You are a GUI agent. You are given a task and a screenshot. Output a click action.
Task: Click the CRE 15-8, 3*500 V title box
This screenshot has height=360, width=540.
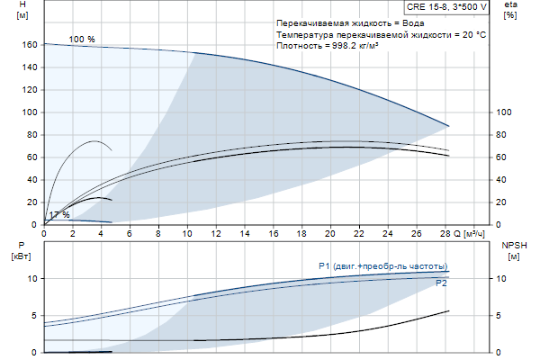(x=447, y=6)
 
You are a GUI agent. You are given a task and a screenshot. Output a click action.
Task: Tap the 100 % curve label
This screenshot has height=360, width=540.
(x=81, y=40)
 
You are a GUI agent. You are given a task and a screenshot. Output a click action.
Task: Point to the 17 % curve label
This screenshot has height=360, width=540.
(x=58, y=215)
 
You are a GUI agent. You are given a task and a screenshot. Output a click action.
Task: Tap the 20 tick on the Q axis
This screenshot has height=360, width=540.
(x=330, y=233)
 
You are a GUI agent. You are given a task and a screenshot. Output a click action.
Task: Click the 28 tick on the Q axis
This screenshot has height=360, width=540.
(x=445, y=233)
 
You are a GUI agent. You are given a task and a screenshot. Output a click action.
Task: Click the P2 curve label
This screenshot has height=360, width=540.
(x=441, y=283)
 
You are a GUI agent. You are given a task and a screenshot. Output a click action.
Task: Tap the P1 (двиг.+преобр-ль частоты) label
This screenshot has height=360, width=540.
(x=382, y=265)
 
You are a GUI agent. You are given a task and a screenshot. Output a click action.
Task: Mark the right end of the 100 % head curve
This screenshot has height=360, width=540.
(x=448, y=126)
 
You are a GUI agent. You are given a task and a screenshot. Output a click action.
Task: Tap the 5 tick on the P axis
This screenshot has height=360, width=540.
(x=33, y=316)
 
